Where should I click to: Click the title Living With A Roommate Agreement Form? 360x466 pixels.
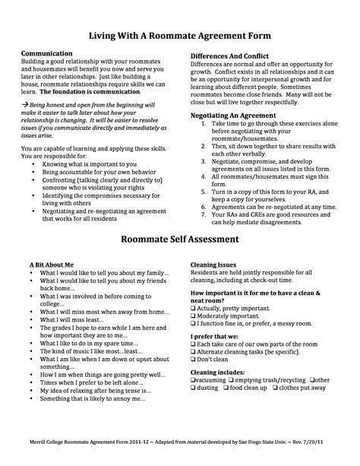tap(180, 36)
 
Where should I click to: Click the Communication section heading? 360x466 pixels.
tap(49, 55)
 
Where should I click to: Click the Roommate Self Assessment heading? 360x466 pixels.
tap(180, 239)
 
